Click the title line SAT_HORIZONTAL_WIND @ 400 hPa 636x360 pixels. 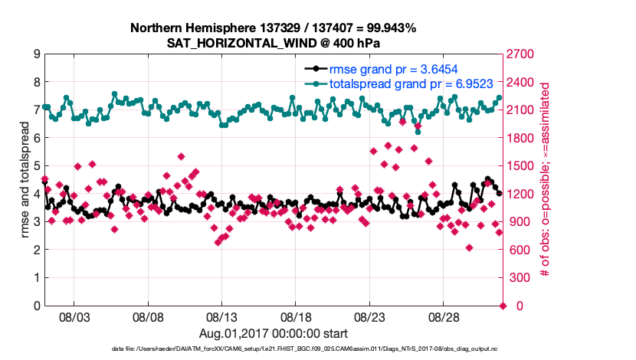point(273,43)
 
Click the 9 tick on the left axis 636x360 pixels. point(35,54)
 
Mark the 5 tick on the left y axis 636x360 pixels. point(35,166)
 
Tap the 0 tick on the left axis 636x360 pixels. point(35,306)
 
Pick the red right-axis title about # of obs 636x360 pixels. point(546,180)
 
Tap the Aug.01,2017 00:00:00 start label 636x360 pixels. point(273,333)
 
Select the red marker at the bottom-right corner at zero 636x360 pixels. point(503,306)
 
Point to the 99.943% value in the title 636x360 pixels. point(388,28)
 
